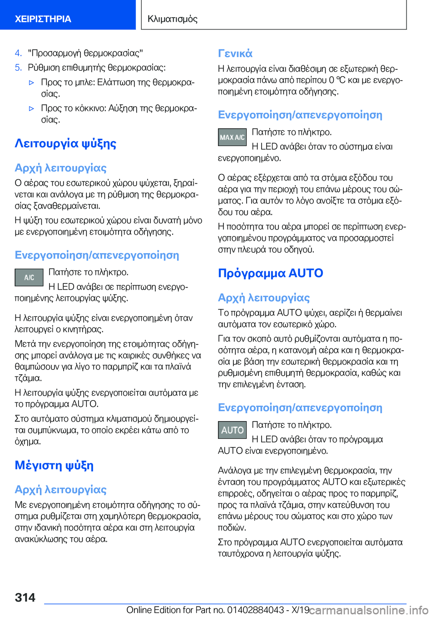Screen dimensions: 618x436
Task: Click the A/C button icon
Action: (29, 277)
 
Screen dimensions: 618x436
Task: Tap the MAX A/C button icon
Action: (232, 137)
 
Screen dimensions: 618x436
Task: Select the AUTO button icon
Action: (232, 430)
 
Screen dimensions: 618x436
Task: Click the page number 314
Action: (25, 597)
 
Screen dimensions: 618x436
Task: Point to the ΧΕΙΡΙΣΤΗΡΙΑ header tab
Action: (43, 19)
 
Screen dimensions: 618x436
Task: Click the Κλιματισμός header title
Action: (173, 19)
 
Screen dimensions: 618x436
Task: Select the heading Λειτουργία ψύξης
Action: (65, 143)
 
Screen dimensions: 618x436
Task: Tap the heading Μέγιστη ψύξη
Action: (54, 465)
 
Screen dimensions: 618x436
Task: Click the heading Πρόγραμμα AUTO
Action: (270, 273)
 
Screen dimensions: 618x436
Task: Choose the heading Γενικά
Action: (235, 54)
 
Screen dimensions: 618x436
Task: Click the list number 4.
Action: (18, 53)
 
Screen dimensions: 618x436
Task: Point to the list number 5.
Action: (18, 68)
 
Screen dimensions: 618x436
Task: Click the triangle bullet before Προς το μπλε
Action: (31, 83)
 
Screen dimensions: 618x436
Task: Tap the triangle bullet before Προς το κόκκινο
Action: (31, 108)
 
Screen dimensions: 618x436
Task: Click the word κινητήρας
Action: (85, 329)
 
